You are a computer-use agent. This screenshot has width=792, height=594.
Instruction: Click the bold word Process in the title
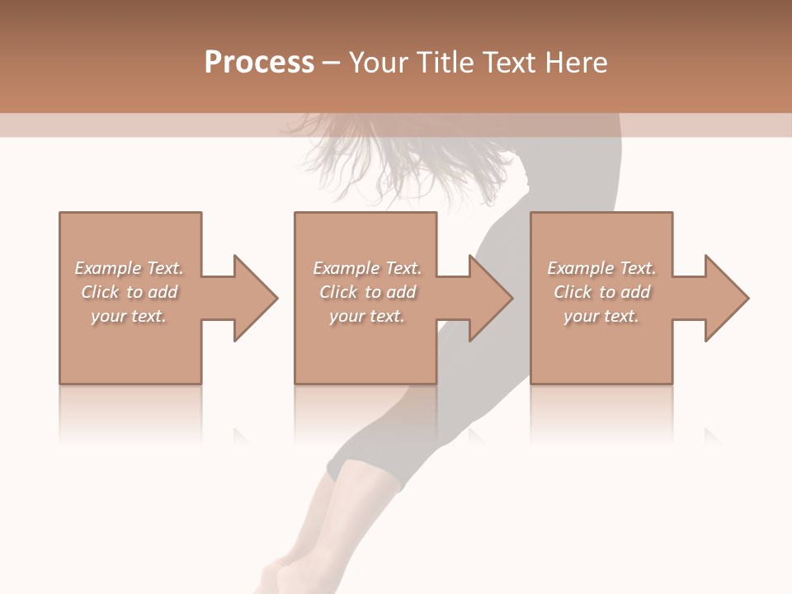[259, 63]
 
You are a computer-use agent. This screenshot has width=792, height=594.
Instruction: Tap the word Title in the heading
[444, 63]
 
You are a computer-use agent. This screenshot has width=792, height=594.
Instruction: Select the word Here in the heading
[576, 63]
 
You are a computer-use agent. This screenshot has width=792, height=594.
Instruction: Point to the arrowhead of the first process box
[254, 298]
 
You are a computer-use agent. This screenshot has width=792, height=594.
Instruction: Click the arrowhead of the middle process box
[490, 298]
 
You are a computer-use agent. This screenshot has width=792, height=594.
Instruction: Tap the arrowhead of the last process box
[726, 298]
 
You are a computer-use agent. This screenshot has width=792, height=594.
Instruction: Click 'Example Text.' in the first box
[129, 268]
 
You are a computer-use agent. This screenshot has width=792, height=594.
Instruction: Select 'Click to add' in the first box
[130, 292]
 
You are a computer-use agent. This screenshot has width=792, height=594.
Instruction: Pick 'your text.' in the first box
[129, 316]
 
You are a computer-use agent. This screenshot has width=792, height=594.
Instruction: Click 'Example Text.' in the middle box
[366, 268]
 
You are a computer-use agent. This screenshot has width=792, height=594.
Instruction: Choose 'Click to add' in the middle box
[367, 292]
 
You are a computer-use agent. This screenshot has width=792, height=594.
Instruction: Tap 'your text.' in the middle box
[366, 316]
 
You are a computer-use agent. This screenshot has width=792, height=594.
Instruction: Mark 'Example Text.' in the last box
[601, 268]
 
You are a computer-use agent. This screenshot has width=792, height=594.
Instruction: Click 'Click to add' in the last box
[602, 292]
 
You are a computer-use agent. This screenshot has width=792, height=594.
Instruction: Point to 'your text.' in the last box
[601, 316]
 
